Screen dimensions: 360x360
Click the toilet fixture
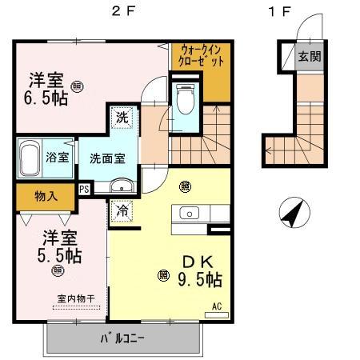(184, 100)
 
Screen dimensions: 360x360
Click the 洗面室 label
(106, 158)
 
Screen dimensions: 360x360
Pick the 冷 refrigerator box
(122, 212)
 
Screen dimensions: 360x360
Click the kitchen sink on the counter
(190, 213)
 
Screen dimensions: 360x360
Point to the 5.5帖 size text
(62, 256)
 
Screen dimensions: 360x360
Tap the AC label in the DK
(216, 306)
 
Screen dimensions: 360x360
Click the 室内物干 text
(76, 298)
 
